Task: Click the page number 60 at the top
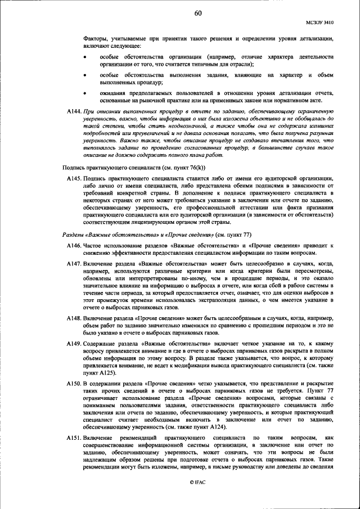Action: [x=197, y=13]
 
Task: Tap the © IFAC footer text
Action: [x=197, y=497]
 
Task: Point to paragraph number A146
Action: [x=74, y=246]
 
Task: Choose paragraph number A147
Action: [x=74, y=264]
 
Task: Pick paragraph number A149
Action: [x=74, y=343]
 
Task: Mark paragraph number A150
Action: [x=74, y=382]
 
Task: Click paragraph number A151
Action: [x=74, y=437]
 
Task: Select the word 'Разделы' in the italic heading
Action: [x=73, y=235]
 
